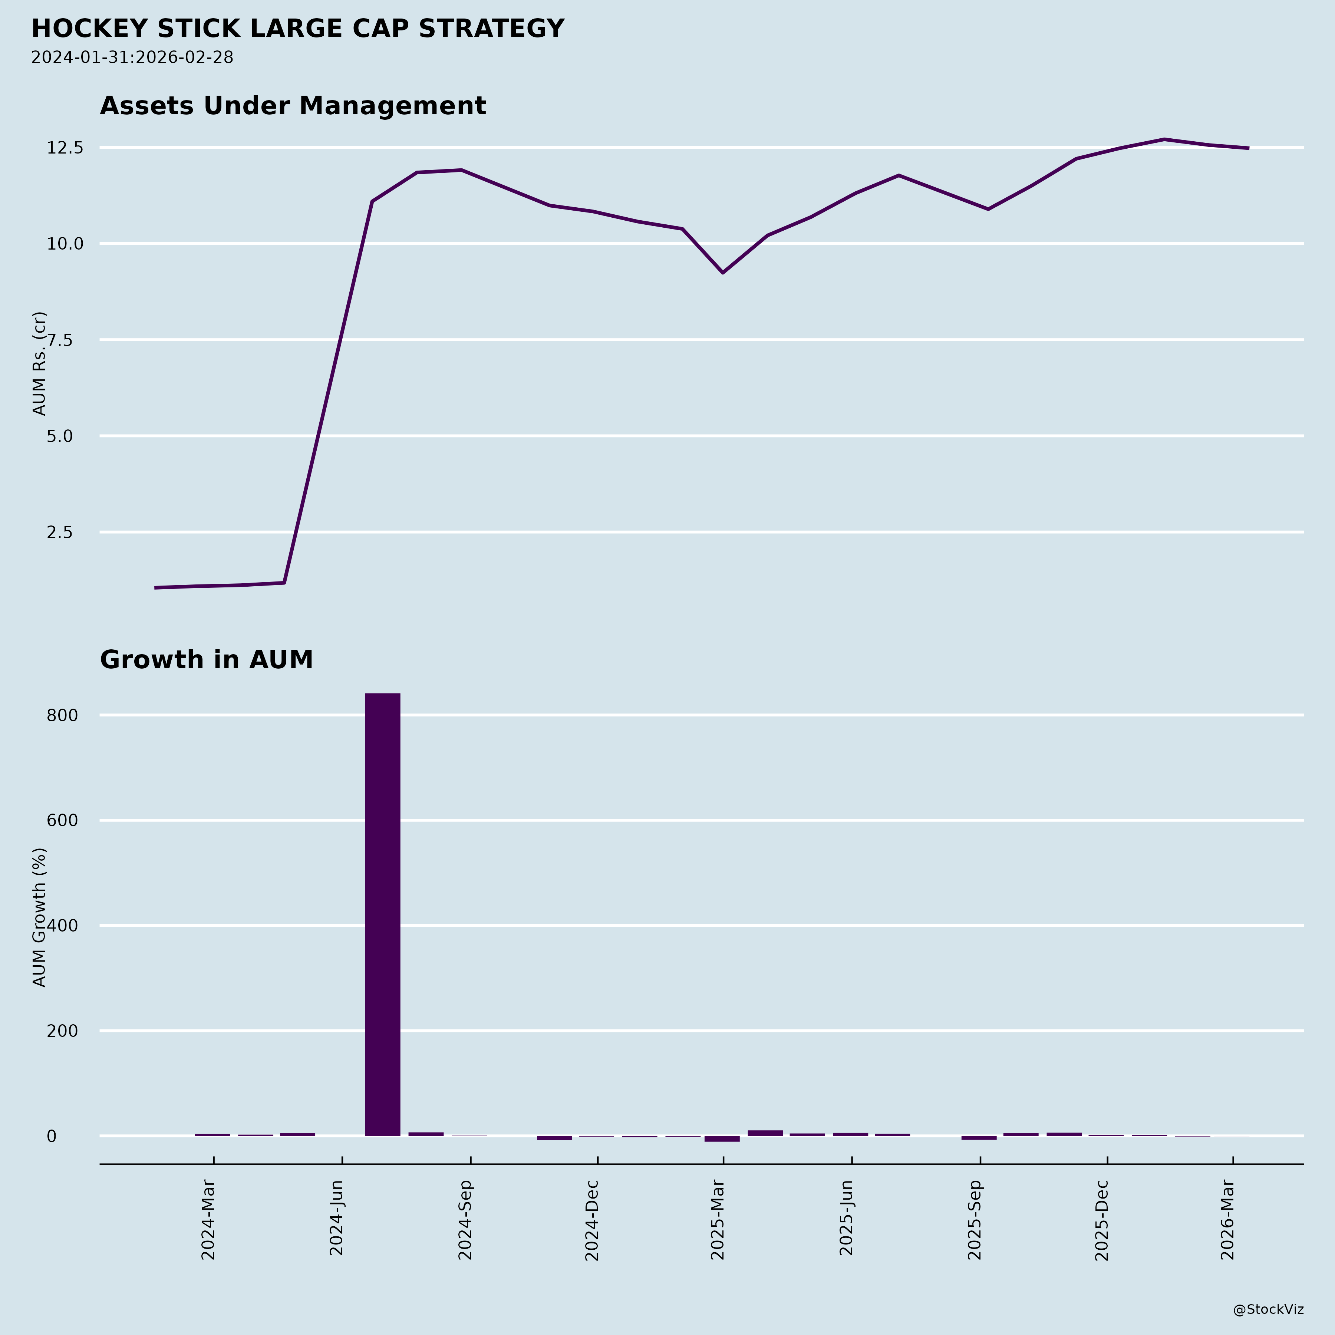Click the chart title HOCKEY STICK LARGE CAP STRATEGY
[x=298, y=29]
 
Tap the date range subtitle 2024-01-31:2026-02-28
[x=132, y=57]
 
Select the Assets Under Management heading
[x=293, y=106]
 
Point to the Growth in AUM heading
[x=207, y=660]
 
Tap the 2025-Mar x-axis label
[x=718, y=1220]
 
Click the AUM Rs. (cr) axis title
[x=39, y=363]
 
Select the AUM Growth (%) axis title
[x=39, y=917]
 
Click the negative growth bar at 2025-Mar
[x=722, y=1139]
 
